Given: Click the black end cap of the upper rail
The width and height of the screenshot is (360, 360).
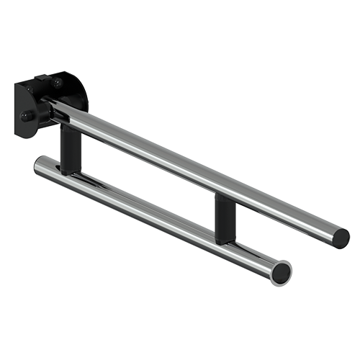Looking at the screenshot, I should pos(341,238).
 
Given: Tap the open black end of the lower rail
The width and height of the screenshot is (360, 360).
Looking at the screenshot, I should pos(281,273).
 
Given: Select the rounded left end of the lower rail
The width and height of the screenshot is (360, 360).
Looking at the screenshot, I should pos(39,166).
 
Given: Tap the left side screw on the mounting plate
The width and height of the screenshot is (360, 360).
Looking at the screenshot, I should pos(26,115).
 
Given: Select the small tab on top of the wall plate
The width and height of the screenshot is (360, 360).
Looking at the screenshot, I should pos(41,77).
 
